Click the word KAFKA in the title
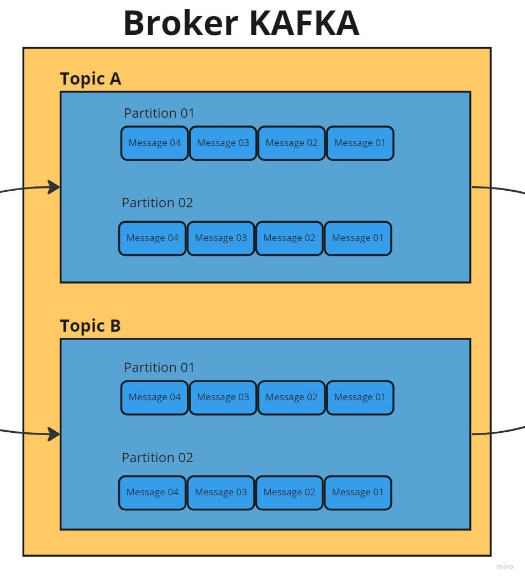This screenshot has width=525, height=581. [305, 24]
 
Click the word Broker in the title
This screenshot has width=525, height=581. [180, 24]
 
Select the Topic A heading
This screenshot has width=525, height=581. [90, 79]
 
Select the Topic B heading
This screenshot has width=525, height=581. [90, 326]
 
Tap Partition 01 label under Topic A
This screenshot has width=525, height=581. [159, 113]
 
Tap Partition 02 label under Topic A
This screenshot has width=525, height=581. [158, 203]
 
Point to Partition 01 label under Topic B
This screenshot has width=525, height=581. [159, 368]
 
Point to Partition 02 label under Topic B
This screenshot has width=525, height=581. [158, 458]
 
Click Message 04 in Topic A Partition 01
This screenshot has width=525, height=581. [155, 143]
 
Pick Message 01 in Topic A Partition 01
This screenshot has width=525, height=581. [360, 143]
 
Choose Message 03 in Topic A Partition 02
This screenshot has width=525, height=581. [221, 238]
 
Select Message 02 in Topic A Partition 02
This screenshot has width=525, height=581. [289, 238]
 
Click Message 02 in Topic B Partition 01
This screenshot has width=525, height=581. [291, 397]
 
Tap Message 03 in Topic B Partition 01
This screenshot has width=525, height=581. [223, 397]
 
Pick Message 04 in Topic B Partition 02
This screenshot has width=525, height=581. [153, 493]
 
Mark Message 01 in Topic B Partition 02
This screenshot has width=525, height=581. [358, 493]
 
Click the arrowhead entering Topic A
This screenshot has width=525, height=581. [54, 187]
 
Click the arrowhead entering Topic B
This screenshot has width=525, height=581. [54, 434]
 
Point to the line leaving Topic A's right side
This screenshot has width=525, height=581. [497, 189]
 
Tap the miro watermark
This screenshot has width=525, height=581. [504, 567]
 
